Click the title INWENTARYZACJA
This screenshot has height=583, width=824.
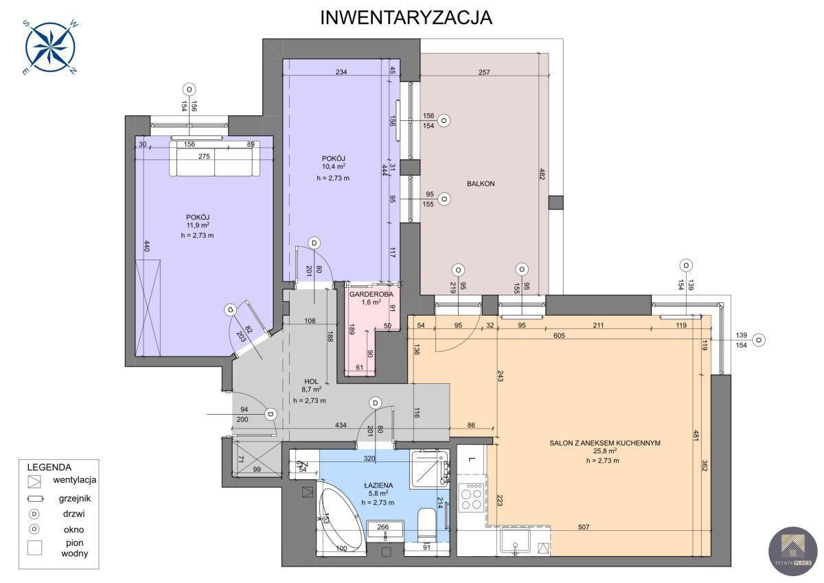click(x=406, y=18)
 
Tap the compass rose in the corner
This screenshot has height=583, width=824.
click(x=50, y=47)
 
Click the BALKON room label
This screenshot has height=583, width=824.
click(x=481, y=183)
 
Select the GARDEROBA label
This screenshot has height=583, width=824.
click(x=371, y=295)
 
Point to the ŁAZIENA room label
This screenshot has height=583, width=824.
click(x=378, y=485)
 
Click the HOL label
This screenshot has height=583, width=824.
click(x=311, y=381)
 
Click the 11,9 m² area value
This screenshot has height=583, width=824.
click(x=198, y=225)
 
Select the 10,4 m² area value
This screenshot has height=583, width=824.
click(x=333, y=167)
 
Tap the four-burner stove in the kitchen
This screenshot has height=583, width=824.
click(x=472, y=496)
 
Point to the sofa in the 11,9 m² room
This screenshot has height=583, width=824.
click(x=215, y=159)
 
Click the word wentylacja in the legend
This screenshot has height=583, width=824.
click(x=75, y=480)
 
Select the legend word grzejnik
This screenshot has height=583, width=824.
click(x=75, y=499)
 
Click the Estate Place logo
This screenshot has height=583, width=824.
click(x=792, y=551)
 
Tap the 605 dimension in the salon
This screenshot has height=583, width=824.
click(x=559, y=336)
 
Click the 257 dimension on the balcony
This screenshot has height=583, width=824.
click(x=484, y=73)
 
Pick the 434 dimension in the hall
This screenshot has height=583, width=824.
click(x=341, y=425)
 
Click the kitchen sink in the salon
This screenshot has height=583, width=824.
click(x=515, y=540)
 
